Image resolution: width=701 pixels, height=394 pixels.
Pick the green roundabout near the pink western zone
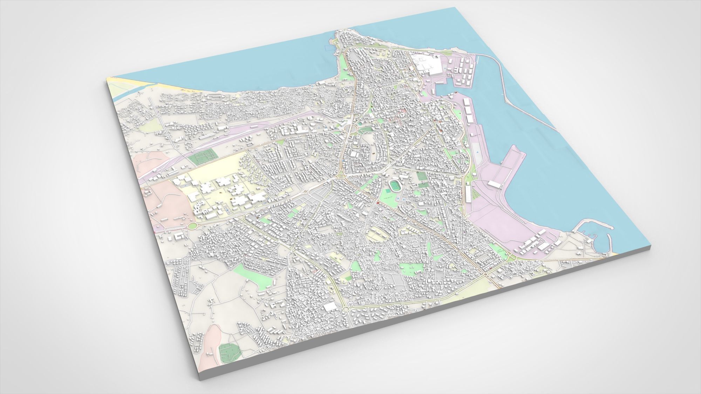click(192, 226)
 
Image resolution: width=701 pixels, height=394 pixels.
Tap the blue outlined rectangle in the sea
click(329, 48)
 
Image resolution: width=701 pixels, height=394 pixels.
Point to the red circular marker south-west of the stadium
click(378, 203)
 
